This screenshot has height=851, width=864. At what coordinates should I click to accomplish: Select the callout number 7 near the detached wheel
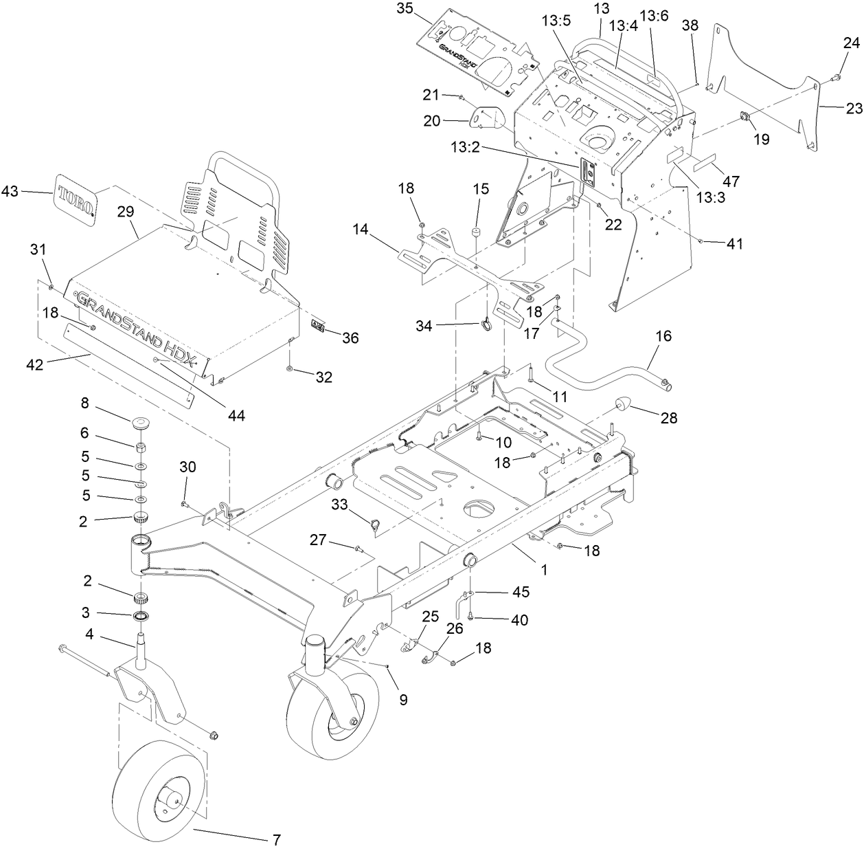pos(276,839)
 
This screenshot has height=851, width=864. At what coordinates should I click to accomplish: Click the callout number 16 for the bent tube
pos(663,337)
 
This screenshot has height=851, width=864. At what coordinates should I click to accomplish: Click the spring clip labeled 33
pos(375,527)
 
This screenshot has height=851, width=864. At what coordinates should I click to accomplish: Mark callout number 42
pos(34,364)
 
